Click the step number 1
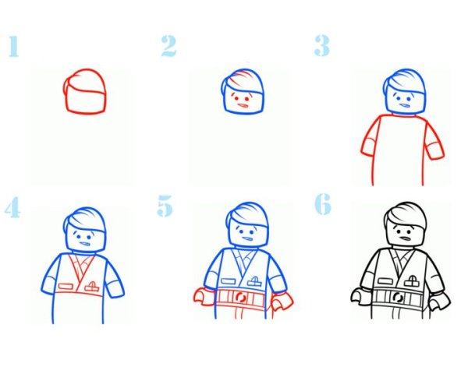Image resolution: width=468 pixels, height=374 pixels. (14, 46)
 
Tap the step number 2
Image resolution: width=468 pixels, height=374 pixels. (169, 46)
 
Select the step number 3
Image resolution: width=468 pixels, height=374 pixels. (322, 45)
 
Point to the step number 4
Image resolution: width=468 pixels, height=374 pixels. (12, 206)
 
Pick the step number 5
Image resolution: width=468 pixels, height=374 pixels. (165, 206)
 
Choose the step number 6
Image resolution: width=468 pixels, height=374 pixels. (323, 204)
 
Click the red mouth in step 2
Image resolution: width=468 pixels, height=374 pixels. (243, 105)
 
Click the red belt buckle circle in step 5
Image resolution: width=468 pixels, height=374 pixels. (240, 298)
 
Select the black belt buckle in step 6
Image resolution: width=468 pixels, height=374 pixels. (398, 297)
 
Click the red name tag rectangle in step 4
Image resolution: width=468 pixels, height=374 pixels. (66, 287)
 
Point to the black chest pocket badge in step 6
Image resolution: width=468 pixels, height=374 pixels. (412, 280)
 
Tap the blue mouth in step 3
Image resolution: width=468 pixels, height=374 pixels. (404, 105)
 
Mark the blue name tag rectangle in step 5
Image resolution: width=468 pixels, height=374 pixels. (229, 281)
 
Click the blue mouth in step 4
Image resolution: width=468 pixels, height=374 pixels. (85, 244)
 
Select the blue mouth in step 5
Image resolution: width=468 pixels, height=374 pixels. (247, 238)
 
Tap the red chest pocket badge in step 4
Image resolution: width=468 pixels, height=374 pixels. (91, 287)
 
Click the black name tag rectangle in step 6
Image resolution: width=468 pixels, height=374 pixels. (386, 280)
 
